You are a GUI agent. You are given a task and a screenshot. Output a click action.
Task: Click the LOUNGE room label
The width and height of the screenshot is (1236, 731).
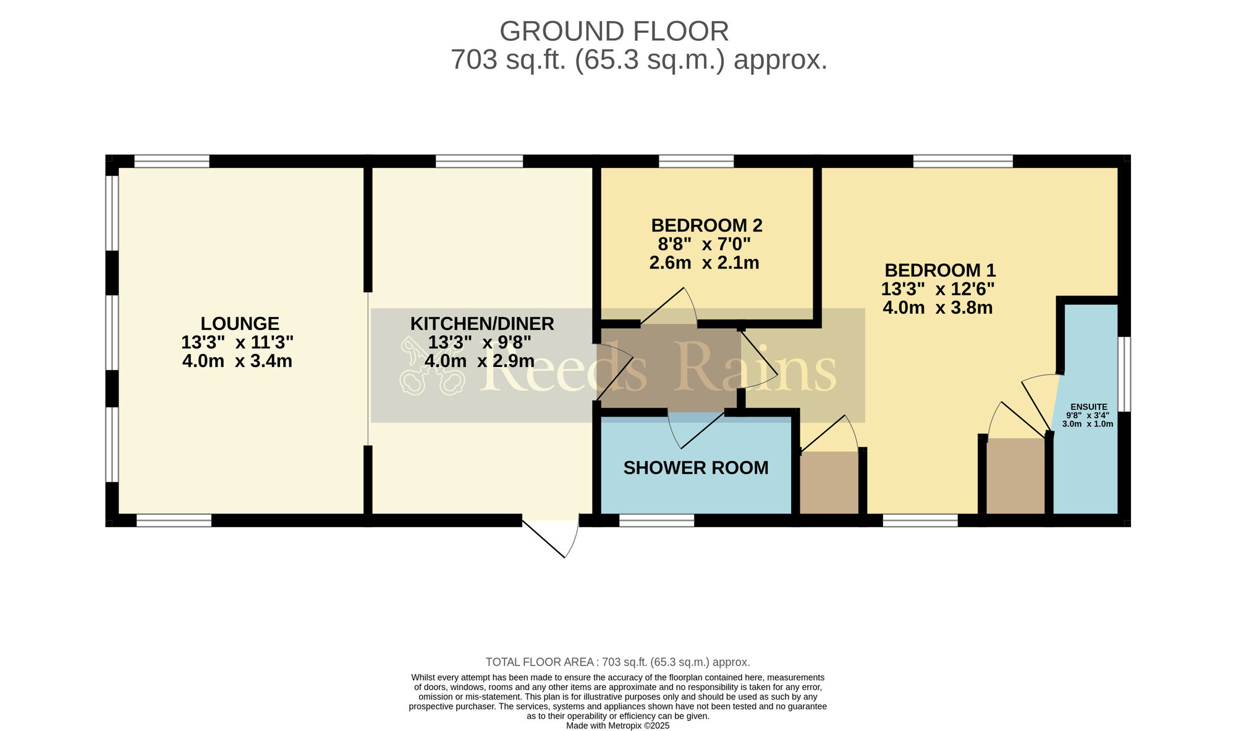[240, 324]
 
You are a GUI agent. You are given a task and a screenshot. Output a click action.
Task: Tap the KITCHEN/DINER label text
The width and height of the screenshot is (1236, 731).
[482, 324]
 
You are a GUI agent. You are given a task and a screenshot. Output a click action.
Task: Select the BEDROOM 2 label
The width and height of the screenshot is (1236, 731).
[706, 225]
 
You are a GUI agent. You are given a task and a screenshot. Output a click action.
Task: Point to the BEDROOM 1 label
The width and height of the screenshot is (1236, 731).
[940, 271]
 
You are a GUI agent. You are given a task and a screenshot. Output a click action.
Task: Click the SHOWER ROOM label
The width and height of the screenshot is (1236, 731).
[696, 468]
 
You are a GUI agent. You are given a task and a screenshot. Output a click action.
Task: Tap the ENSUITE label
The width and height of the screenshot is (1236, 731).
[1089, 407]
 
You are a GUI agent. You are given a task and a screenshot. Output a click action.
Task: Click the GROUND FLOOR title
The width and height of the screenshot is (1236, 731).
[614, 32]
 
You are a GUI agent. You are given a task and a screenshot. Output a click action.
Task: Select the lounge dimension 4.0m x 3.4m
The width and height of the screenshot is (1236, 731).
[237, 361]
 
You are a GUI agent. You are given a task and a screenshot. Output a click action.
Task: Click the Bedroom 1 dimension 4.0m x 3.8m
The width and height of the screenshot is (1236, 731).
[938, 308]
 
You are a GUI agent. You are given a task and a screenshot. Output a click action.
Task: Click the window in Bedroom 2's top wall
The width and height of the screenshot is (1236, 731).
[696, 161]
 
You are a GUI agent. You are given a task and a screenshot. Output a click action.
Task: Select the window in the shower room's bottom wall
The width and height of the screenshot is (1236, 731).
[657, 520]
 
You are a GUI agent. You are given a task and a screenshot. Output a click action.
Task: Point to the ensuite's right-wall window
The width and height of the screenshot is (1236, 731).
[1125, 374]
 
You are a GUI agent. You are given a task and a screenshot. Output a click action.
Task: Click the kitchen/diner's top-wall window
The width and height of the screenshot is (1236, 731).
[480, 161]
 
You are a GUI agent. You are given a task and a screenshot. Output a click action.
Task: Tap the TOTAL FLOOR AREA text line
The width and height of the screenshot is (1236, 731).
[618, 662]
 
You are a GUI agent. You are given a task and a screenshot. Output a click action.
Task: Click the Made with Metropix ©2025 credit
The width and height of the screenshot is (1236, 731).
[618, 726]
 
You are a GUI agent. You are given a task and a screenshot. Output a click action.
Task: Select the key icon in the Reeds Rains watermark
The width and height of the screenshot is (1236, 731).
[431, 366]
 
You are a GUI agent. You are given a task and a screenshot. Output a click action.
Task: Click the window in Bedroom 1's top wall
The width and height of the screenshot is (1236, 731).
[963, 161]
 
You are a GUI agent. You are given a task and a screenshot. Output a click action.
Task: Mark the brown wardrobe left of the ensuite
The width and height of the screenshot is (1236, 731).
[1015, 476]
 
